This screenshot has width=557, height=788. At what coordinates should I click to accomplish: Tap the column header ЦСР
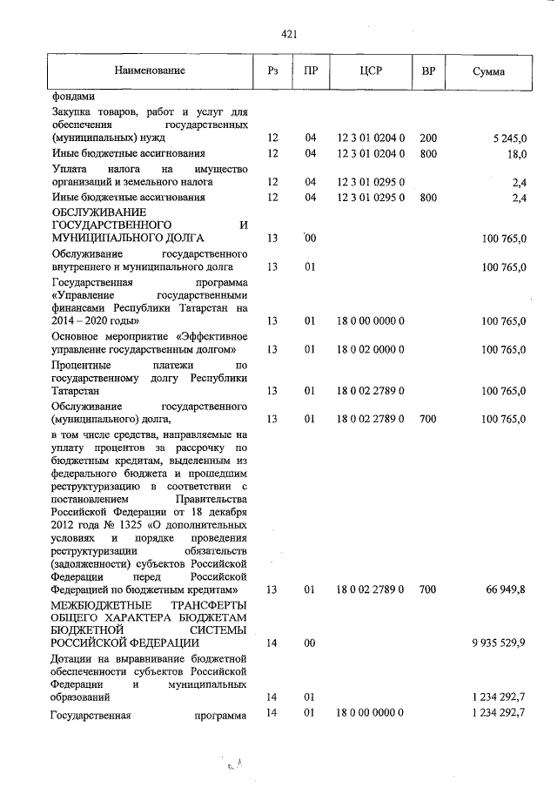[370, 71]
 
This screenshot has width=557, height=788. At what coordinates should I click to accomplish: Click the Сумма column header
[488, 71]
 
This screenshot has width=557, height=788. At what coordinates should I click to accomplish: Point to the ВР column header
[427, 71]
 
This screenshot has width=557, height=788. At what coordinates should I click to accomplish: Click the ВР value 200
[427, 138]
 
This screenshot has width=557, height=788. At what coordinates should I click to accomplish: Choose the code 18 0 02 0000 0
[370, 350]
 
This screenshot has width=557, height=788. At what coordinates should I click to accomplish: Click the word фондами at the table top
[73, 96]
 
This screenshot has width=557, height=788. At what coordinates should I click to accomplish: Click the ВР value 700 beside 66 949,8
[427, 590]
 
